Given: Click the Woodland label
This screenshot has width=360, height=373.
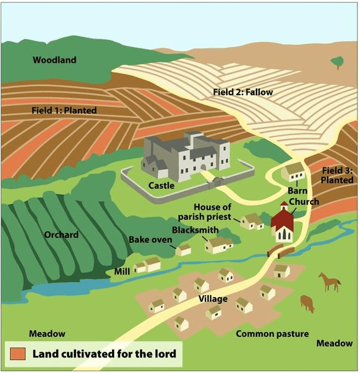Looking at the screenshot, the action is point(54,60).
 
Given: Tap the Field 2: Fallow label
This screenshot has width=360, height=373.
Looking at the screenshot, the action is point(243,92).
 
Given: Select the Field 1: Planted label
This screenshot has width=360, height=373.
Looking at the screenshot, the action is point(64,110).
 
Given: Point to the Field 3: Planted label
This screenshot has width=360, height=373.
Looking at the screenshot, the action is point(337,175).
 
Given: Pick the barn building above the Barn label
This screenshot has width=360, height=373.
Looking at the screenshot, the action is point(293,172).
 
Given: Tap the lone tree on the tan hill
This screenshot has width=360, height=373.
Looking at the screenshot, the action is point(337,62).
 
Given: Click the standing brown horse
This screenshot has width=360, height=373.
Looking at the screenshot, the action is point(329,282).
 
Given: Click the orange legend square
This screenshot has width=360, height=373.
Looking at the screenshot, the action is point(17,354).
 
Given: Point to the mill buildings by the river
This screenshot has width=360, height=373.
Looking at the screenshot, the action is point(147,265).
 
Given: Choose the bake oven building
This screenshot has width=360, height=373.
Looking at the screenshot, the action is point(184,250).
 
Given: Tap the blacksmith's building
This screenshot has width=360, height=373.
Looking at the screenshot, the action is point(219,245).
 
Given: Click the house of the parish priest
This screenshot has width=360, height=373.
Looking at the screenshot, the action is point(252,222).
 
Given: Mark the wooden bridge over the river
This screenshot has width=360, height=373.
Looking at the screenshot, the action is point(281,252).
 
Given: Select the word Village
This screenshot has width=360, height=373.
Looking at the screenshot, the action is point(213,299).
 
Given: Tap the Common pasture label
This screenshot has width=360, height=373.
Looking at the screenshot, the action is point(272,334).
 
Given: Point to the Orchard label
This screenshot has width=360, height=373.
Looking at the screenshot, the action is point(62,235).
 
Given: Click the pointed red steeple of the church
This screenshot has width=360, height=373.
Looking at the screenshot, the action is point(284,204).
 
